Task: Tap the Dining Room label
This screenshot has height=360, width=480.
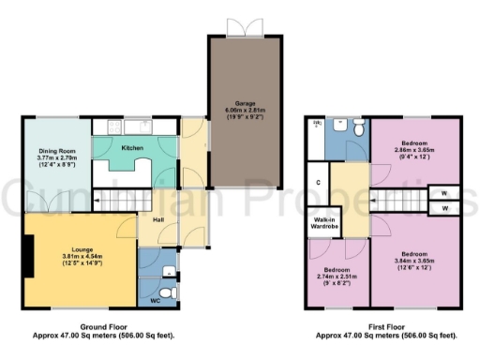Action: point(54,150)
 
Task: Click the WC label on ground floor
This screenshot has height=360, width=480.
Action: point(155,301)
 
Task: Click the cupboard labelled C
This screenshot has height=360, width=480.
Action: point(320,182)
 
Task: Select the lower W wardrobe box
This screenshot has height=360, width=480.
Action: point(443,208)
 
